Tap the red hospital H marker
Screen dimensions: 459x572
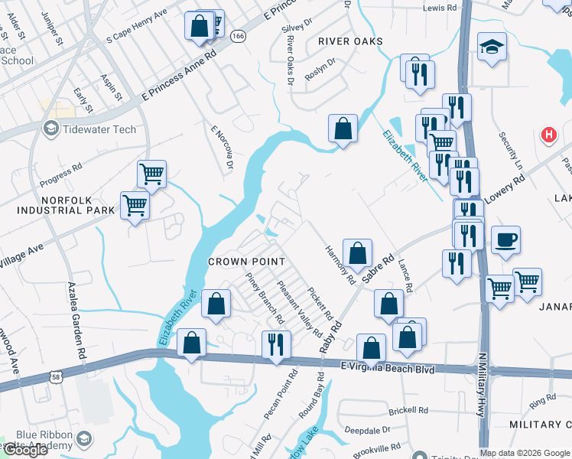pos(548,135)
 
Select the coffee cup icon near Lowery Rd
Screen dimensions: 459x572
pos(506,240)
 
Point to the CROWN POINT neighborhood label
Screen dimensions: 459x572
pos(247,262)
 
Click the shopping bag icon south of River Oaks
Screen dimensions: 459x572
pos(343,128)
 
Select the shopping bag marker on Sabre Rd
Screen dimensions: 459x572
pos(357,253)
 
